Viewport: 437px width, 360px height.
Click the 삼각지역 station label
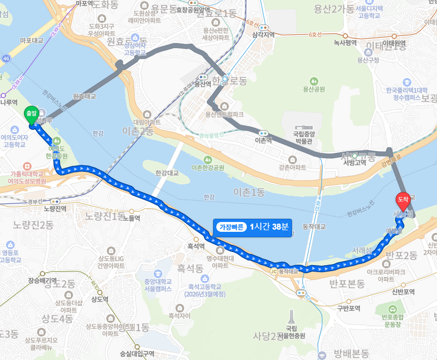click(263, 34)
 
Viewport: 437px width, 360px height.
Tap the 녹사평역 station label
click(345, 42)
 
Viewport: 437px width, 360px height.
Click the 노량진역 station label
click(54, 208)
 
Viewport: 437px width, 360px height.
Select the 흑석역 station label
click(196, 246)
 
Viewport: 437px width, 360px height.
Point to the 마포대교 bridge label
click(31, 40)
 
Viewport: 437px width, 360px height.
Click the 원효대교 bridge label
click(84, 96)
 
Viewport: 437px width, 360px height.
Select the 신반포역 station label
click(403, 292)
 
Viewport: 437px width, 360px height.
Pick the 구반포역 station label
click(349, 308)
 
